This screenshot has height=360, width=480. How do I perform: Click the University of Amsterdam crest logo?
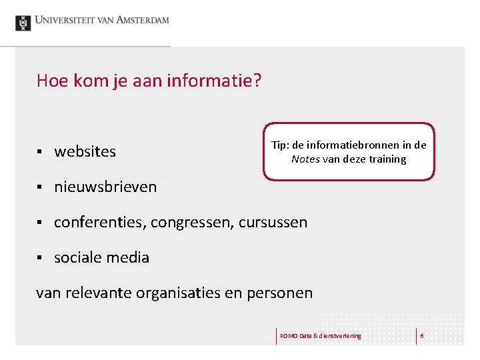coord(23,23)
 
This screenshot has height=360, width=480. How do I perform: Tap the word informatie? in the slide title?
coord(217,81)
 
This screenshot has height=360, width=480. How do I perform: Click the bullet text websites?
coord(85,151)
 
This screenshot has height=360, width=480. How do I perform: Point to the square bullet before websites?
coord(40,152)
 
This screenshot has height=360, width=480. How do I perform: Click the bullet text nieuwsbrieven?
coord(105,187)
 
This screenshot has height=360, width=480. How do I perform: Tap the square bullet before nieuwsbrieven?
coord(40,187)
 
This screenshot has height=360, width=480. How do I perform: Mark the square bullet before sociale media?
coord(40,258)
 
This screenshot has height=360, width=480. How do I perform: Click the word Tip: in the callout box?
coord(280,145)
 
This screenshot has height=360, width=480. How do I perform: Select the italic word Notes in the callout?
coord(305,159)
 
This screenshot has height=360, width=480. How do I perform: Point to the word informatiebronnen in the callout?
coord(357,145)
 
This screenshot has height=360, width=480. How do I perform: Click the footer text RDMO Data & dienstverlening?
coord(320,335)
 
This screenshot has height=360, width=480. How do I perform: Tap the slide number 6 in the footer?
coord(422,335)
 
